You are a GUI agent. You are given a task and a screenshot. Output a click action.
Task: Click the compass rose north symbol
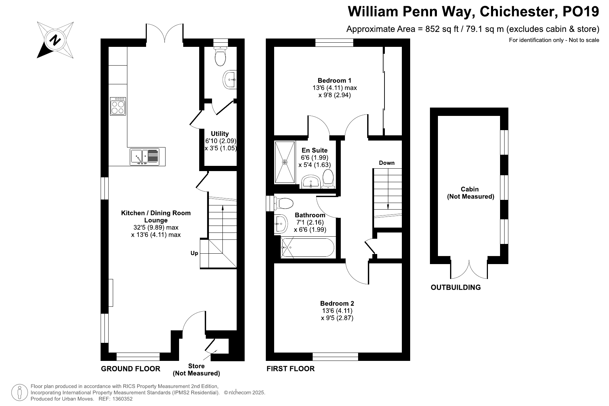click(x=55, y=40)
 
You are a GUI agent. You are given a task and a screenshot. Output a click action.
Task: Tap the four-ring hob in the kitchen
click(x=118, y=106)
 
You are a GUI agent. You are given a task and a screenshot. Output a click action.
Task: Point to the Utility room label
click(x=220, y=134)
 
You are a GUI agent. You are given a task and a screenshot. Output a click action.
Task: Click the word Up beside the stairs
click(x=194, y=253)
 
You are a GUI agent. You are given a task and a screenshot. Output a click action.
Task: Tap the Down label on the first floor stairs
click(x=387, y=163)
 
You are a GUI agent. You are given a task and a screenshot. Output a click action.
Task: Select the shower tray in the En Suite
click(x=285, y=162)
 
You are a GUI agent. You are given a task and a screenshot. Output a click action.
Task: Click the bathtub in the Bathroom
click(x=307, y=247)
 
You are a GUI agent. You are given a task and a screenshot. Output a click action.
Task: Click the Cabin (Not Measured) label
click(x=470, y=193)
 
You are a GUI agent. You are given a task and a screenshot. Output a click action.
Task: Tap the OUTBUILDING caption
click(x=456, y=287)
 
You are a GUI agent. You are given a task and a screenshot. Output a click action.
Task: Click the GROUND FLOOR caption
click(x=130, y=369)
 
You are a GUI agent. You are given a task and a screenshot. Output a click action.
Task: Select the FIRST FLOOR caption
click(x=290, y=369)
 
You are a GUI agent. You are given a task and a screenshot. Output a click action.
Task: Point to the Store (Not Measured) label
click(x=196, y=370)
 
